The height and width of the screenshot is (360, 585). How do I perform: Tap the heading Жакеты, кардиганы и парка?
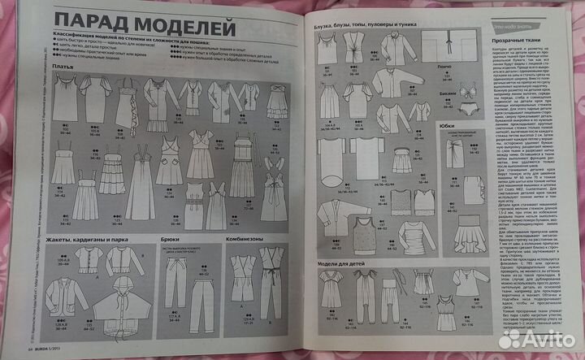point(89,241)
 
